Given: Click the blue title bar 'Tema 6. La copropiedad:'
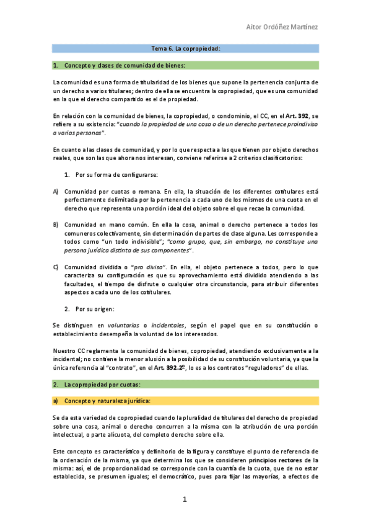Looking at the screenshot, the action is (x=186, y=48).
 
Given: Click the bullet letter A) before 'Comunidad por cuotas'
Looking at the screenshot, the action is (x=56, y=192).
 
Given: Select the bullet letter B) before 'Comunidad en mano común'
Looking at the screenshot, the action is (x=56, y=224).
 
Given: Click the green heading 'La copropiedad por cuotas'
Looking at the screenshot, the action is (x=102, y=385).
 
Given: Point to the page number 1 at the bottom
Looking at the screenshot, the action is (x=185, y=499).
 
